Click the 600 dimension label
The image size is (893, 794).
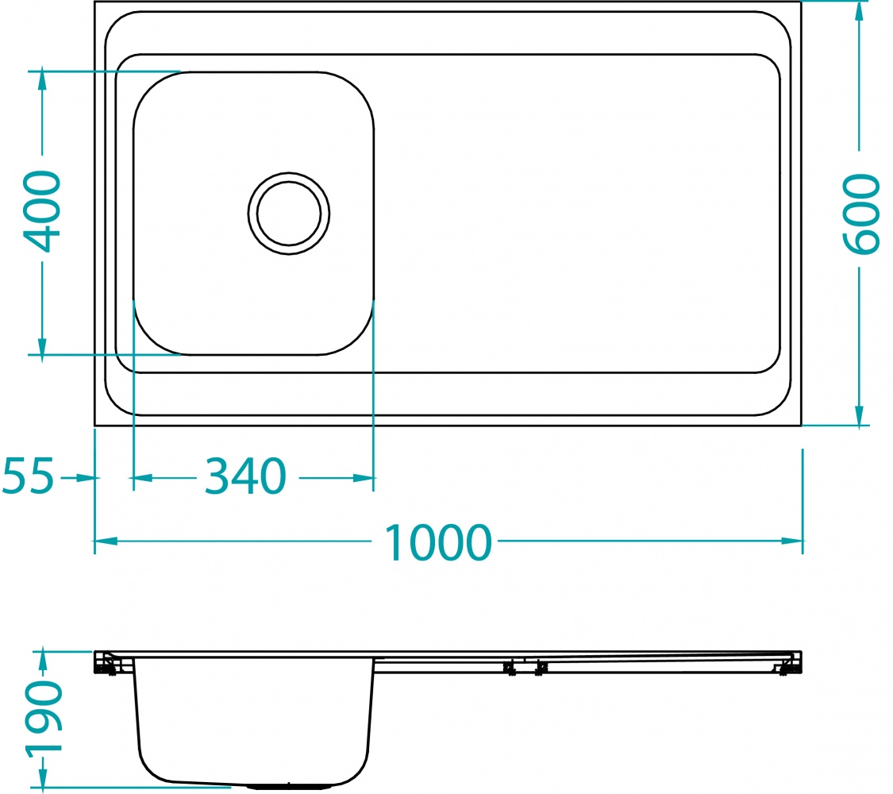pyautogui.click(x=860, y=214)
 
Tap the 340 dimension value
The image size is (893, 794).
pyautogui.click(x=245, y=477)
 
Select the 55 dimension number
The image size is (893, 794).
pyautogui.click(x=29, y=477)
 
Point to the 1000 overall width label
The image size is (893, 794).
pyautogui.click(x=438, y=542)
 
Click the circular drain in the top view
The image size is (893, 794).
pyautogui.click(x=289, y=214)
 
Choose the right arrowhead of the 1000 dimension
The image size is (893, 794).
pyautogui.click(x=793, y=542)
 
